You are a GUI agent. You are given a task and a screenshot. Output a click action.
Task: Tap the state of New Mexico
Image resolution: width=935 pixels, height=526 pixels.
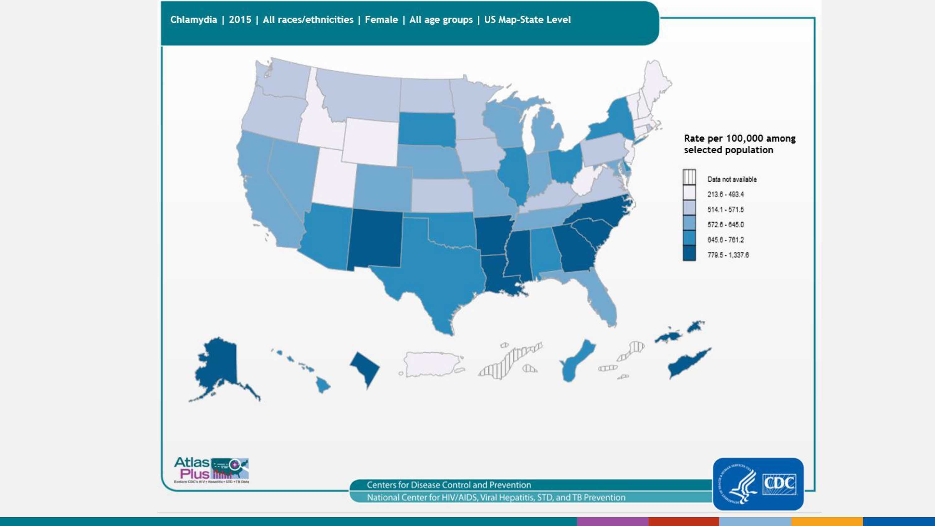(x=376, y=240)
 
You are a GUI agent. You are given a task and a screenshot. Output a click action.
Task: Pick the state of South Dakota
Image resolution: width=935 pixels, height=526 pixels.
(x=426, y=129)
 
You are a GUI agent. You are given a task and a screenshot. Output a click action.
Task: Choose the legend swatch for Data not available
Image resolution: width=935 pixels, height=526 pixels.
(x=689, y=177)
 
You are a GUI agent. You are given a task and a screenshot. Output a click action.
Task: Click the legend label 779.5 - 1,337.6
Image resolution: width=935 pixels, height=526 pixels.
(x=728, y=255)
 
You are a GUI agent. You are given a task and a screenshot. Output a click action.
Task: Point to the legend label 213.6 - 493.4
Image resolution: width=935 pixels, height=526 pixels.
(x=725, y=194)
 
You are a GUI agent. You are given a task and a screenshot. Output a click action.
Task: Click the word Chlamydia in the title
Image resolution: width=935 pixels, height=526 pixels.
(x=194, y=20)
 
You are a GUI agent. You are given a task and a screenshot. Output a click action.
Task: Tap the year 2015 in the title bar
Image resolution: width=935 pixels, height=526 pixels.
(x=240, y=20)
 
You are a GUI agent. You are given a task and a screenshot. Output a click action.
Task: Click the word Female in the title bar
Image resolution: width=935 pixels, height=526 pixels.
(x=381, y=20)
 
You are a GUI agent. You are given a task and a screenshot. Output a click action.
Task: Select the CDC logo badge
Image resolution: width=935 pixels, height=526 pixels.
(x=758, y=484)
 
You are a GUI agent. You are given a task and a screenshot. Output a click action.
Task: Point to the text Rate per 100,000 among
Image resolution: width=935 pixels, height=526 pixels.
(x=739, y=138)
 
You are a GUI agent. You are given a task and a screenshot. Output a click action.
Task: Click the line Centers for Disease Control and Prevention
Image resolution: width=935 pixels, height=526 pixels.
(x=448, y=485)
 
